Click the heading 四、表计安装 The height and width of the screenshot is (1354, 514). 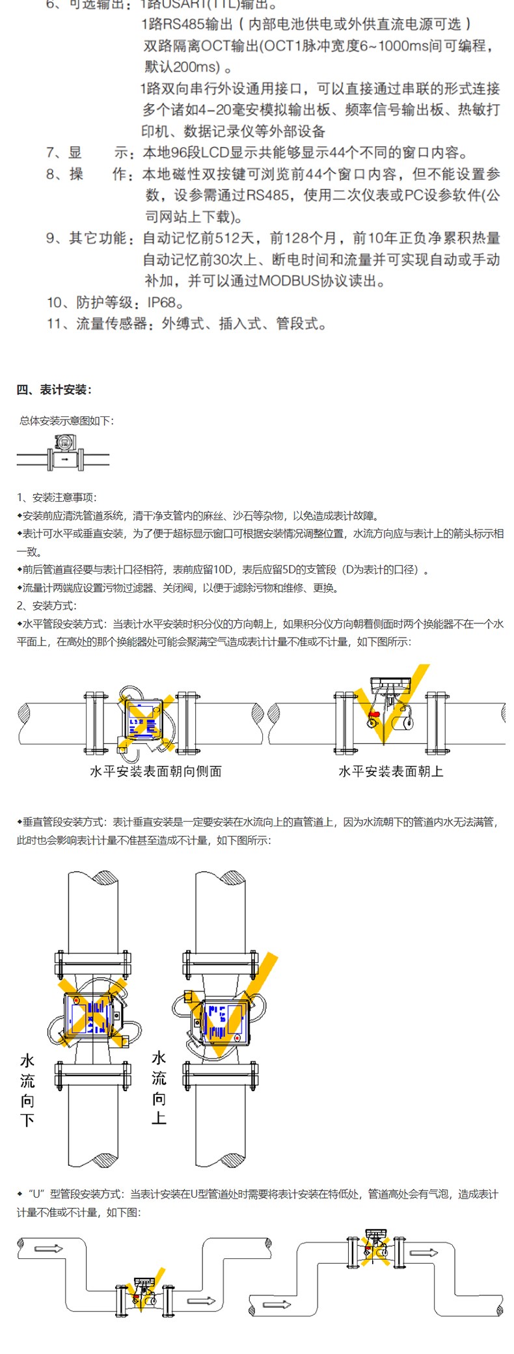(55, 390)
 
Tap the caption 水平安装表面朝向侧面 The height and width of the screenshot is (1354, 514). (156, 772)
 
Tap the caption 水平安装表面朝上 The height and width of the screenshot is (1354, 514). (390, 772)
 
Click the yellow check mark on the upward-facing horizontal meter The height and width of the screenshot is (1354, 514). (392, 706)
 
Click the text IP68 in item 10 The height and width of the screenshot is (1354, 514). (162, 303)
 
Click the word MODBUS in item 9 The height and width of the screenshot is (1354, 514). (288, 281)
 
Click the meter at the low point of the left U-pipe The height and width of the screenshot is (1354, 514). (144, 1294)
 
